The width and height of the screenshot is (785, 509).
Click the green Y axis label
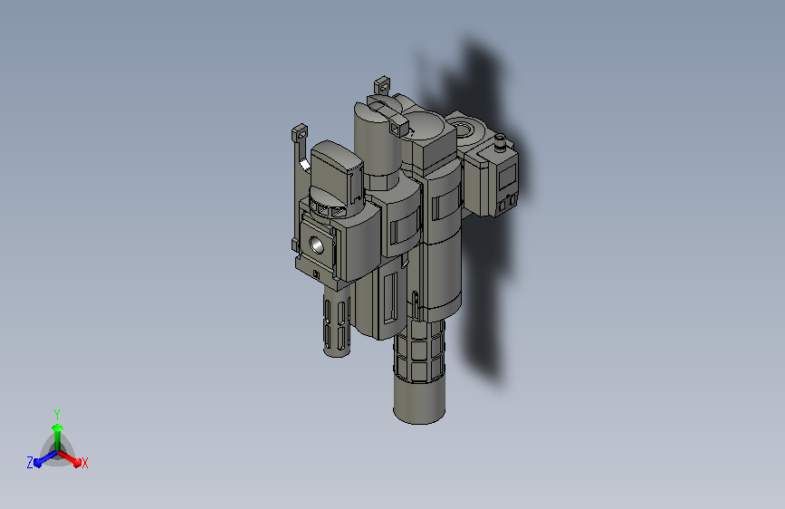coord(56,414)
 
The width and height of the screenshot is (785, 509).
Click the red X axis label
coord(84,463)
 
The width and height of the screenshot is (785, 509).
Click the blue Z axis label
coord(30,463)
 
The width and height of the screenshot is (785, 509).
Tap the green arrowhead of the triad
coord(57,427)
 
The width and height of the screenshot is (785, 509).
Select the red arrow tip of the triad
coord(77,462)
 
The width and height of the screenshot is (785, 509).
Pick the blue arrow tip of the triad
coord(38,463)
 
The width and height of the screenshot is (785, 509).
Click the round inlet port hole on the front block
coord(316,245)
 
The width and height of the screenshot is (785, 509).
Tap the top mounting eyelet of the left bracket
coord(300,133)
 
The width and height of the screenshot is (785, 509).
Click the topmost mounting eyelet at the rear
coord(382,85)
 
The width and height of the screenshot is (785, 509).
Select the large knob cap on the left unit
coord(335,168)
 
